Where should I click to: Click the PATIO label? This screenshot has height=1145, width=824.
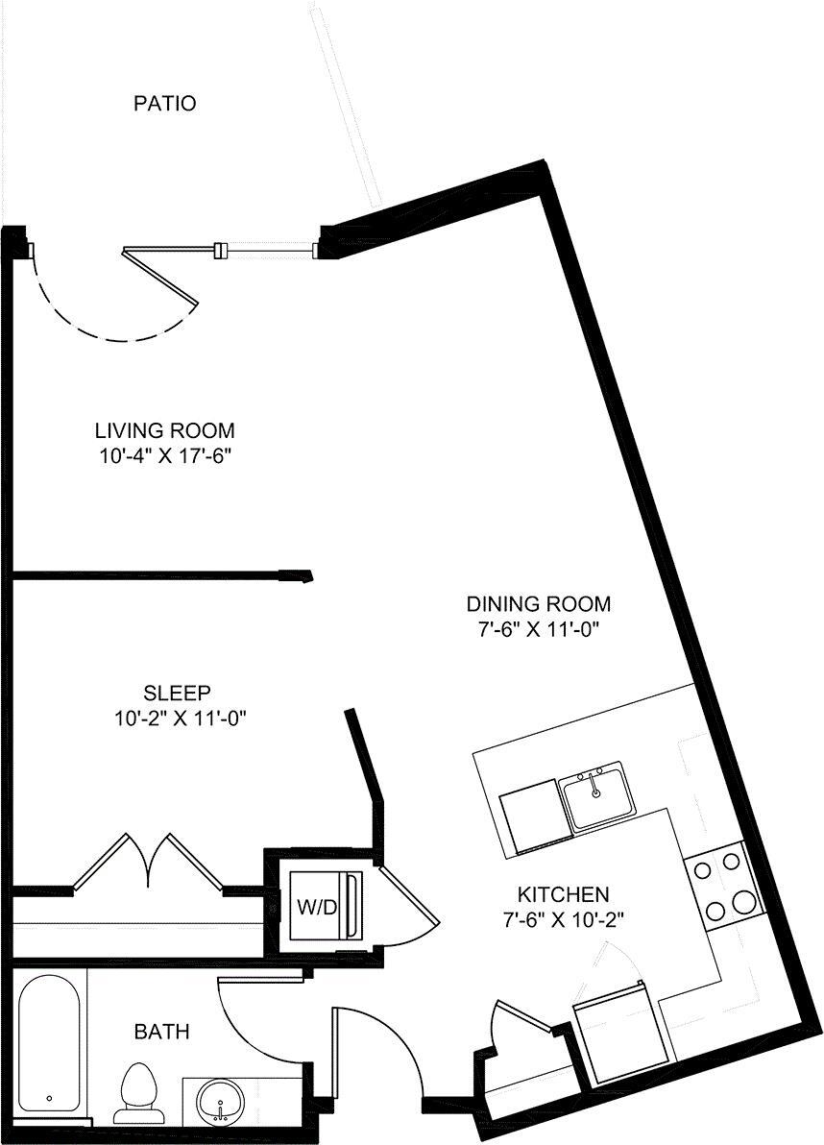coord(164,103)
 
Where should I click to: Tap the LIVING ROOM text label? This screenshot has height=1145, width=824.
coord(164,430)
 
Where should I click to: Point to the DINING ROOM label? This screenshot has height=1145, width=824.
coord(538,604)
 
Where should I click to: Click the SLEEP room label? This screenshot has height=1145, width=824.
coord(177,693)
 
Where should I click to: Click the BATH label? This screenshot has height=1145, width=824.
coord(161,1033)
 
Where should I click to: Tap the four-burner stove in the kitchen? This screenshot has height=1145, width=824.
coord(722,886)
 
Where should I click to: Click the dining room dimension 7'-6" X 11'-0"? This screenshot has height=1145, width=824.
coord(538,630)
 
